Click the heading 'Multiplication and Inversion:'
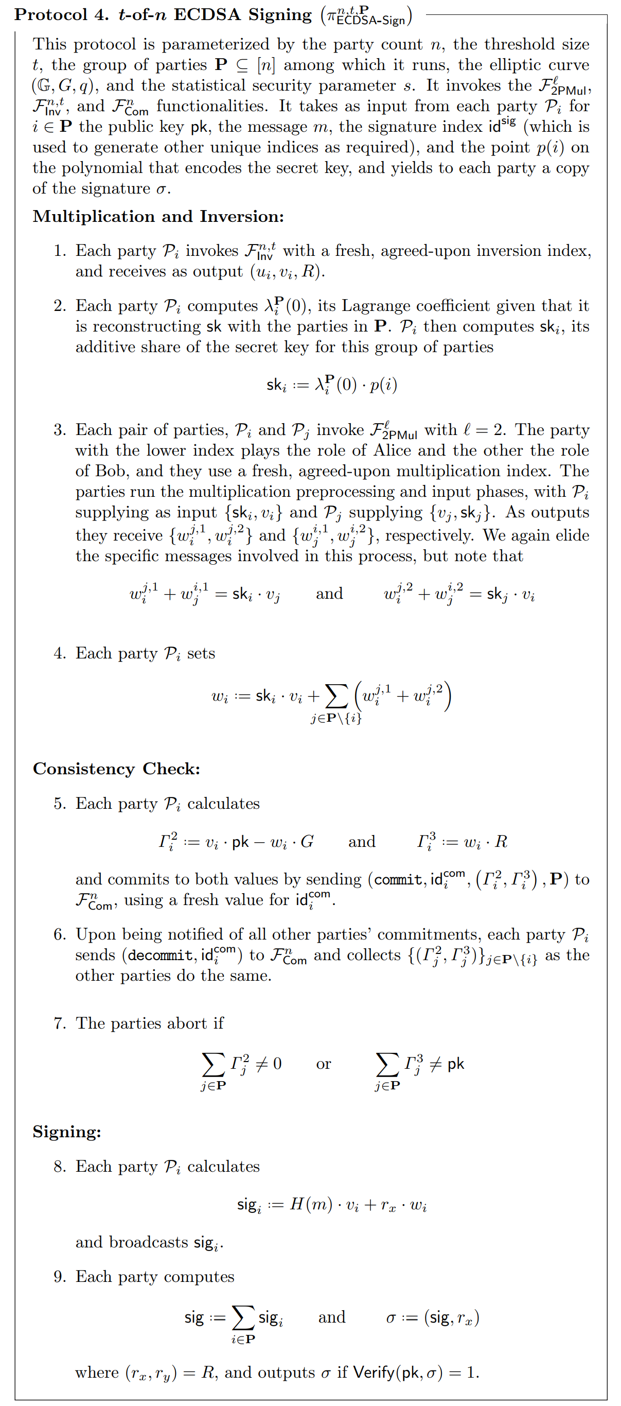[158, 217]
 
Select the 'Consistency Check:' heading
[116, 769]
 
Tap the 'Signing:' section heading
[66, 1132]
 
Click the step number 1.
[60, 251]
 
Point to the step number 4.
[60, 653]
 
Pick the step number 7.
[60, 1023]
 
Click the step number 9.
[60, 1277]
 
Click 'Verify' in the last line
[374, 1372]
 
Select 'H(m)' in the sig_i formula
[311, 1204]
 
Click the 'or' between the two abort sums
[324, 1064]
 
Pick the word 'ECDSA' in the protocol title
[207, 15]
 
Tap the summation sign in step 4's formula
[336, 697]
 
